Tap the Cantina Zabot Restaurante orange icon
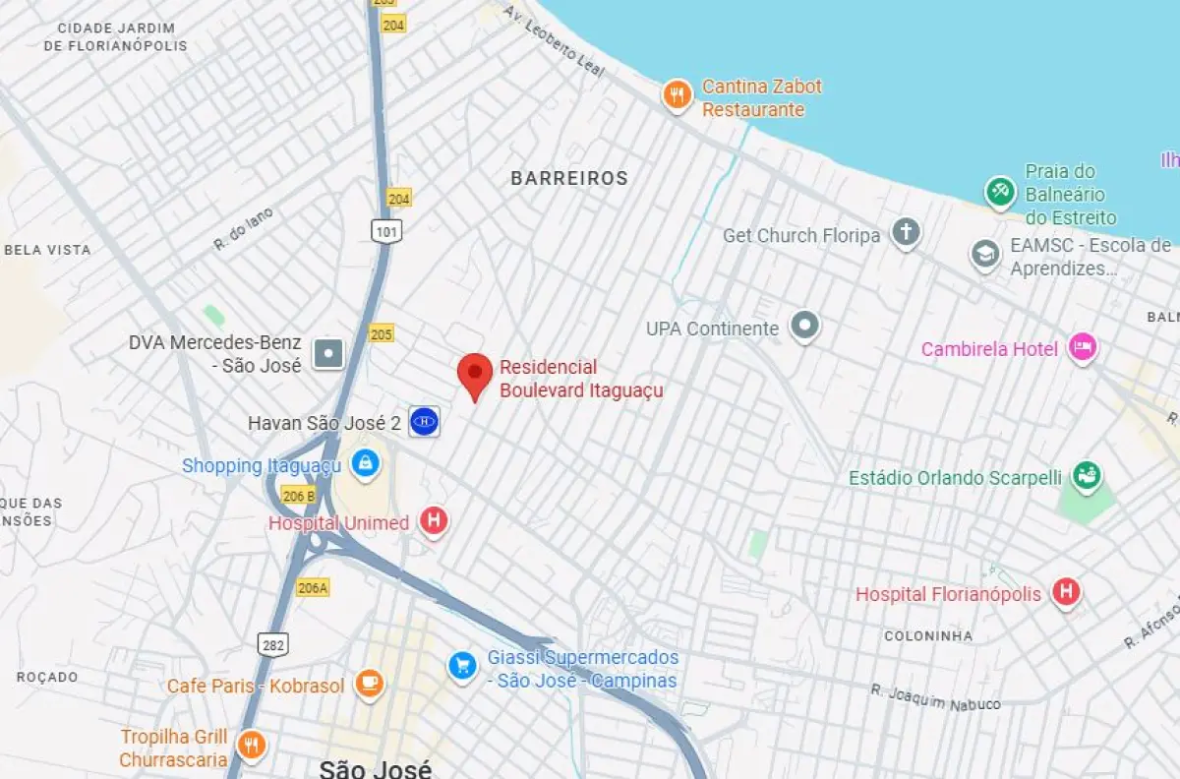pos(676,95)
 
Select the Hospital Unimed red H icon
pos(434,521)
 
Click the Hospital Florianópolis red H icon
pos(1066,592)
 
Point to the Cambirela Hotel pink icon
pos(1083,347)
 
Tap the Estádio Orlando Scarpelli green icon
pos(1087,476)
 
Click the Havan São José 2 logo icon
pos(425,422)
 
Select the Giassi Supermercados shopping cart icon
pos(462,666)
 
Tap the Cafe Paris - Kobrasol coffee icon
pos(369,683)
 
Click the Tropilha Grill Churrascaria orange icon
pos(252,746)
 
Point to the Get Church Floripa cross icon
pos(906,233)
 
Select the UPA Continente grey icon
pos(805,326)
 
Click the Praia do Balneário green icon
pos(1000,191)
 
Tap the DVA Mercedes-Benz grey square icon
pos(327,353)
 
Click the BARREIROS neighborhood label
pos(568,178)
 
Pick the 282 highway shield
pos(273,644)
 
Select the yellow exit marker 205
pos(382,333)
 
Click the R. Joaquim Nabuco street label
pos(935,697)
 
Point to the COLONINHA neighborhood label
pos(928,635)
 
